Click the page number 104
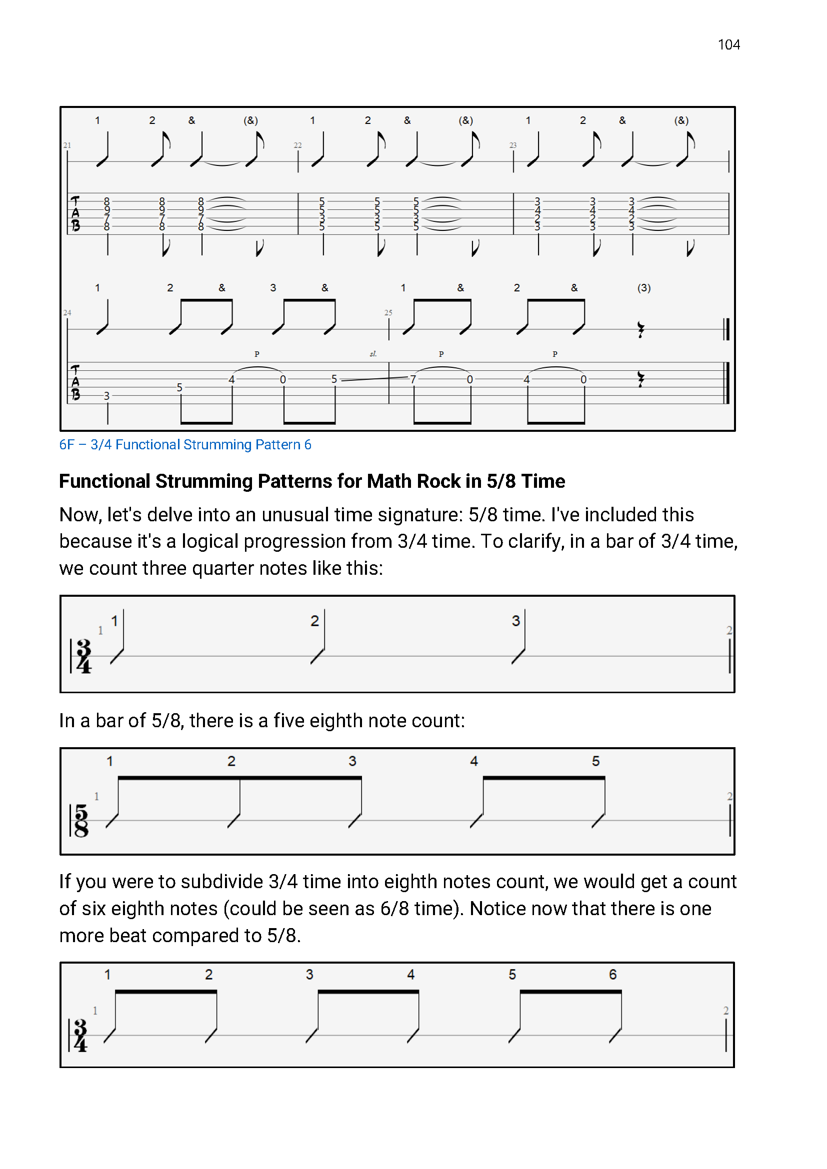728,45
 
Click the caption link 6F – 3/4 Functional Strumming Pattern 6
185,444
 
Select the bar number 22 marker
297,145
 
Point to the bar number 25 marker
388,312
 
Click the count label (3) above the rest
643,288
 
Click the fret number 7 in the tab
413,379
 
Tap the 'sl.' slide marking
373,354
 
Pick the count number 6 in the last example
612,974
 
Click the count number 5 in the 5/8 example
596,761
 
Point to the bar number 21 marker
67,145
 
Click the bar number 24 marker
67,312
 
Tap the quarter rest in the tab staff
640,379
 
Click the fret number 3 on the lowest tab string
106,396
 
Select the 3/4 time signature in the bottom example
80,1035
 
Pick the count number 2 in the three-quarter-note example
314,621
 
